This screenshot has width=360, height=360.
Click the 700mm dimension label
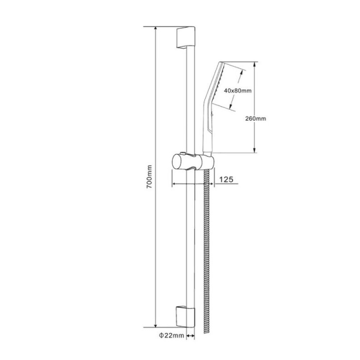coord(149,177)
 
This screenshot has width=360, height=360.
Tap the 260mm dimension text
coord(256,119)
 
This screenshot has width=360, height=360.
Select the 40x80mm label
coord(238,91)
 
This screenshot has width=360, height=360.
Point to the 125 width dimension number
coord(226,179)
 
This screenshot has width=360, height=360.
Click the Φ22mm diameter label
coord(171,336)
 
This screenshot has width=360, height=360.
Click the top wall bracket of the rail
coord(185,37)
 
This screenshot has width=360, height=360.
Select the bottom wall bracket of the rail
coord(185,317)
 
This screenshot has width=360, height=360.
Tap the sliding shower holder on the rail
coord(193,162)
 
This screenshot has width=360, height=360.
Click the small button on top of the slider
coord(183,153)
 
